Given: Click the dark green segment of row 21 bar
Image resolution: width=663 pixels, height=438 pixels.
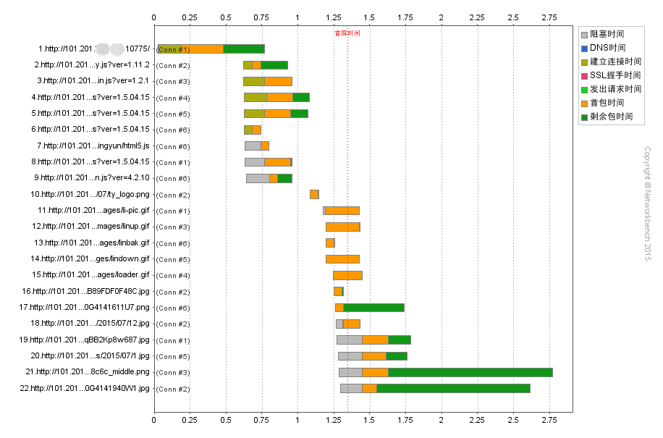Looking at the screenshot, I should [x=470, y=372].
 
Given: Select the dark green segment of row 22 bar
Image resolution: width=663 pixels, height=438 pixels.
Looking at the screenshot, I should [x=453, y=389].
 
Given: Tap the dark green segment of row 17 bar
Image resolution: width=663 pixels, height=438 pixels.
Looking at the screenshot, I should [x=373, y=308].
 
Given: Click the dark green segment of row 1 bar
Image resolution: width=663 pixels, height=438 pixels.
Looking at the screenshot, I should [x=244, y=49].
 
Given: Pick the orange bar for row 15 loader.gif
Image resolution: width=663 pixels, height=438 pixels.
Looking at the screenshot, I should [x=347, y=275].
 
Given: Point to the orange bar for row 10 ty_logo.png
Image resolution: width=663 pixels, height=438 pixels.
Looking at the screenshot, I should [x=314, y=194].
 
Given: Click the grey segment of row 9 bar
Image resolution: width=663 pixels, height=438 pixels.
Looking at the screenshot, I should [x=258, y=178].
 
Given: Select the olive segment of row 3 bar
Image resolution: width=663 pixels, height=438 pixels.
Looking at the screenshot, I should [x=254, y=81].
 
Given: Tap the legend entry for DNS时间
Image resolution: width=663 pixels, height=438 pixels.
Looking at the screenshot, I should [x=607, y=48].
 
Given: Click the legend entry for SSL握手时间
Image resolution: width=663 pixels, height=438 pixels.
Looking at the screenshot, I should [x=615, y=75].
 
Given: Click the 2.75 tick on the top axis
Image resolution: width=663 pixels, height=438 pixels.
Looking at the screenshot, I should [x=549, y=16].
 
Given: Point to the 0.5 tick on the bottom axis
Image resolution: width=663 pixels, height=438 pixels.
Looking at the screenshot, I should [x=226, y=419].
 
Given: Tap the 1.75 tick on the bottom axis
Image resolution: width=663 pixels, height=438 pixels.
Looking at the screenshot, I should [x=405, y=419].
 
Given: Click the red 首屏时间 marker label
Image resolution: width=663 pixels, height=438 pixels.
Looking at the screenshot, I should [x=347, y=33].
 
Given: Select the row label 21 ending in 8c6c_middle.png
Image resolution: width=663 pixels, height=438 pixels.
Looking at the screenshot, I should [x=88, y=372].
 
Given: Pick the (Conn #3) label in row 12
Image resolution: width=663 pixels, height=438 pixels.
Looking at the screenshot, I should [x=173, y=227].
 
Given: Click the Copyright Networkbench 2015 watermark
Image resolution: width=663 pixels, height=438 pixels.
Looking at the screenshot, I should [x=647, y=203].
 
